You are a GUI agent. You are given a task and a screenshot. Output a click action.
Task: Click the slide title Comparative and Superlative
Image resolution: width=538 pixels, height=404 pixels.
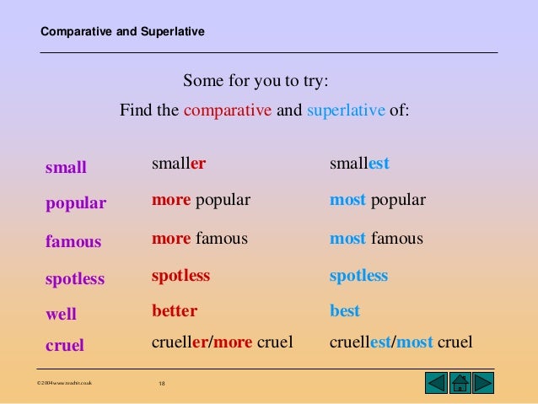pyautogui.click(x=122, y=33)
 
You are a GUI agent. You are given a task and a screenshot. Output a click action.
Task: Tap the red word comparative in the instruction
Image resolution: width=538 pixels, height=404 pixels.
pyautogui.click(x=228, y=110)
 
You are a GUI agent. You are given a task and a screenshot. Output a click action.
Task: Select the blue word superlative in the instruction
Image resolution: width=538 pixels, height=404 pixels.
pyautogui.click(x=346, y=110)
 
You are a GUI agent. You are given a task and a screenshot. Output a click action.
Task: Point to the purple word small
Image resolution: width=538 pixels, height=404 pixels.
pyautogui.click(x=66, y=167)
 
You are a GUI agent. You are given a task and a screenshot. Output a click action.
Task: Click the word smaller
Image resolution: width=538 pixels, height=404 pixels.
pyautogui.click(x=179, y=164)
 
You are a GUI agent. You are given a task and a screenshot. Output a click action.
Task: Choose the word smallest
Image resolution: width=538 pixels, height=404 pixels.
pyautogui.click(x=359, y=164)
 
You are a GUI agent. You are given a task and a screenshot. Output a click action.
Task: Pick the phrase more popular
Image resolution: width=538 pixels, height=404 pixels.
pyautogui.click(x=201, y=200)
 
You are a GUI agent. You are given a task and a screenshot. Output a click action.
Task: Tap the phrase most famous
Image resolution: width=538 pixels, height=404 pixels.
pyautogui.click(x=376, y=239)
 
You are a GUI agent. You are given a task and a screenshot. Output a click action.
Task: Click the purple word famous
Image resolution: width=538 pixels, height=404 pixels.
pyautogui.click(x=73, y=242)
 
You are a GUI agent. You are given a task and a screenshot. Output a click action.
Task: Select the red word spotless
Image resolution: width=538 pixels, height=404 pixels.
pyautogui.click(x=180, y=276)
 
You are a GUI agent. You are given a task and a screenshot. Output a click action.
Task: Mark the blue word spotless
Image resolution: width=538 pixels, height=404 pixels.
pyautogui.click(x=358, y=276)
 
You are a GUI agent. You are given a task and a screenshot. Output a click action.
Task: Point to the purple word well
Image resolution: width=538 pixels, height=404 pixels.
pyautogui.click(x=61, y=315)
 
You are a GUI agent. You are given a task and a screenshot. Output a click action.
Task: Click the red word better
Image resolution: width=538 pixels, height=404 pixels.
pyautogui.click(x=175, y=311)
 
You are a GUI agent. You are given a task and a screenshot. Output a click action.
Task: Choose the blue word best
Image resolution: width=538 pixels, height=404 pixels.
pyautogui.click(x=345, y=311)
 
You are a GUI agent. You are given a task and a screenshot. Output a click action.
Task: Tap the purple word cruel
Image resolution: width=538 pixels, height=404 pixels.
pyautogui.click(x=65, y=345)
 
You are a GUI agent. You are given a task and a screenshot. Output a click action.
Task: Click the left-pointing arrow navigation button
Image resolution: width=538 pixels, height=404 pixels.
pyautogui.click(x=435, y=382)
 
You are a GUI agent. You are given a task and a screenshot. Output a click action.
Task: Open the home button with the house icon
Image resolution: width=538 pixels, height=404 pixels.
pyautogui.click(x=460, y=382)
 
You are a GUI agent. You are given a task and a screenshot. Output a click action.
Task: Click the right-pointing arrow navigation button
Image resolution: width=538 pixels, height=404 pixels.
pyautogui.click(x=483, y=382)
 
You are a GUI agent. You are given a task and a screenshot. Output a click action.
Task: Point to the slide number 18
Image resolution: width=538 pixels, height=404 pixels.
pyautogui.click(x=162, y=385)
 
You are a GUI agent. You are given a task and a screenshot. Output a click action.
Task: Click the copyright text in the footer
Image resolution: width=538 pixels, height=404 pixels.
pyautogui.click(x=65, y=385)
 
